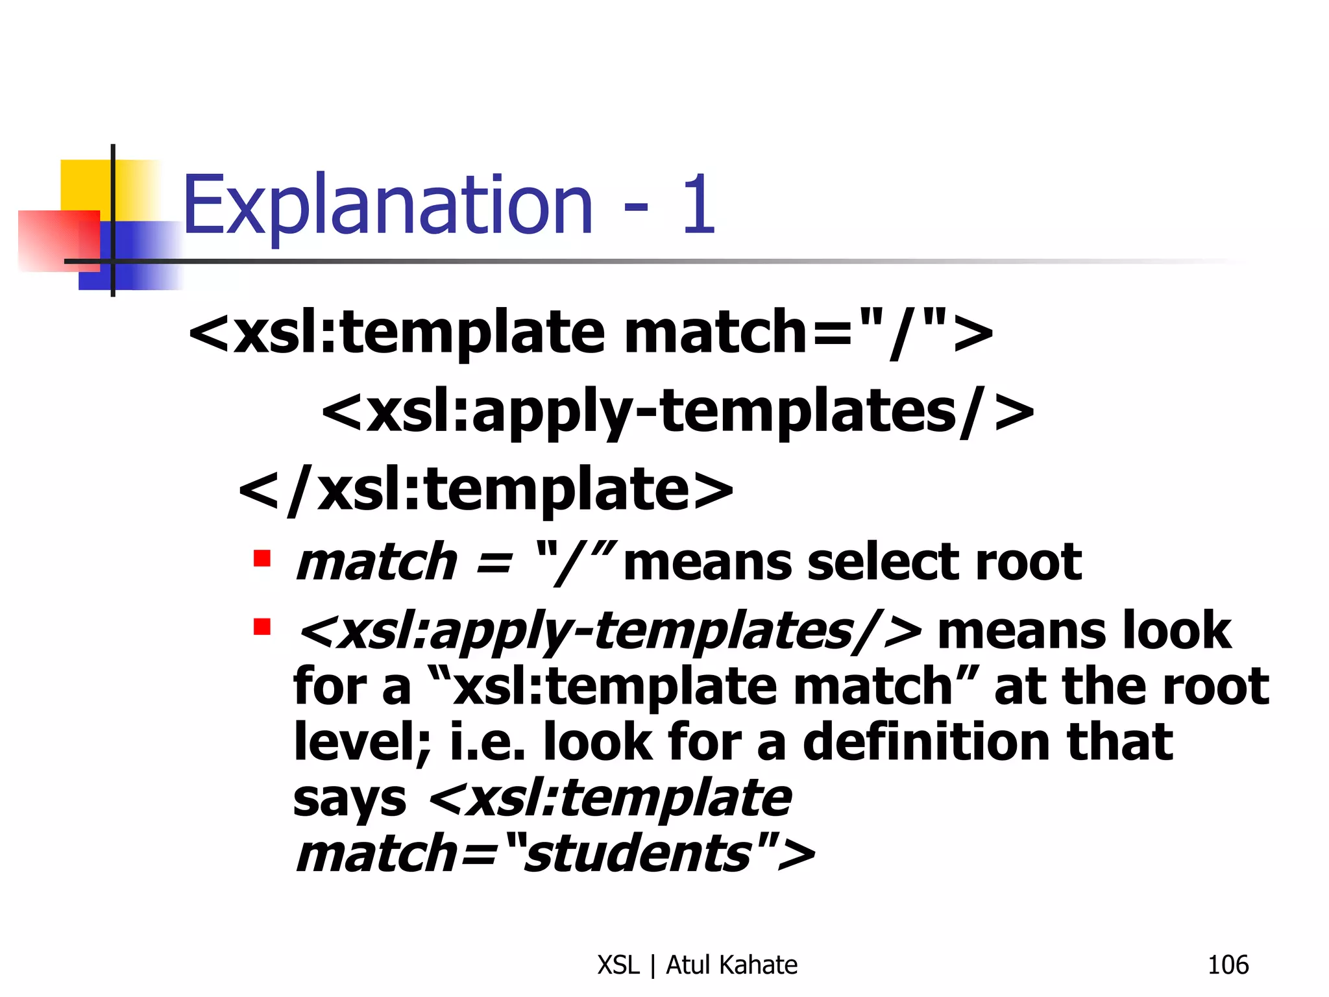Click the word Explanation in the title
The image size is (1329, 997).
click(387, 206)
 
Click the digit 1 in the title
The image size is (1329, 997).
click(698, 205)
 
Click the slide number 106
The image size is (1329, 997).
click(1227, 965)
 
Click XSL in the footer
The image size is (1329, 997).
click(618, 965)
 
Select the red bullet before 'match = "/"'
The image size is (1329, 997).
click(262, 559)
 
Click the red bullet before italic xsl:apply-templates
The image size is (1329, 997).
click(262, 627)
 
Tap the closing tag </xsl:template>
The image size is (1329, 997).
click(485, 491)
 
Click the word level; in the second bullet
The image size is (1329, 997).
click(362, 742)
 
